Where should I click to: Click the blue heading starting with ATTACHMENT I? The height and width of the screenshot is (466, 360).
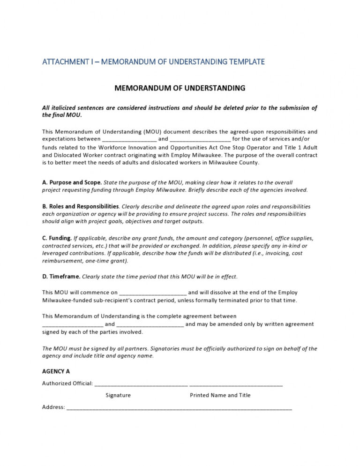[x=153, y=61]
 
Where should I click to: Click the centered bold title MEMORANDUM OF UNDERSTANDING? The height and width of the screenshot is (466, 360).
[x=180, y=88]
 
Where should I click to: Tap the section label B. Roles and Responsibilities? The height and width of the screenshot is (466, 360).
[x=80, y=206]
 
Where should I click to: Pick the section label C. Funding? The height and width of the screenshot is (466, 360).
[x=57, y=238]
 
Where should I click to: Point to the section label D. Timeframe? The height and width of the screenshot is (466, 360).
[x=61, y=277]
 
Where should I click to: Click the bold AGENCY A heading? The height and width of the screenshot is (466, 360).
[x=56, y=371]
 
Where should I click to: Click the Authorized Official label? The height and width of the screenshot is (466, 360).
[x=67, y=383]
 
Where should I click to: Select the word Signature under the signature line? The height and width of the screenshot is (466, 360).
[x=118, y=395]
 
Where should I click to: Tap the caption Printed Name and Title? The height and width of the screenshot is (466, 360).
[x=220, y=395]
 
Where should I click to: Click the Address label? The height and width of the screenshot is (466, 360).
[x=53, y=407]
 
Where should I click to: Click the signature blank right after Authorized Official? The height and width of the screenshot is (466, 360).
[x=141, y=384]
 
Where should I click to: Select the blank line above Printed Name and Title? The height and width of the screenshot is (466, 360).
[x=236, y=384]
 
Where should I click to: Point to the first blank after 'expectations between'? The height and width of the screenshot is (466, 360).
[x=129, y=140]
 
